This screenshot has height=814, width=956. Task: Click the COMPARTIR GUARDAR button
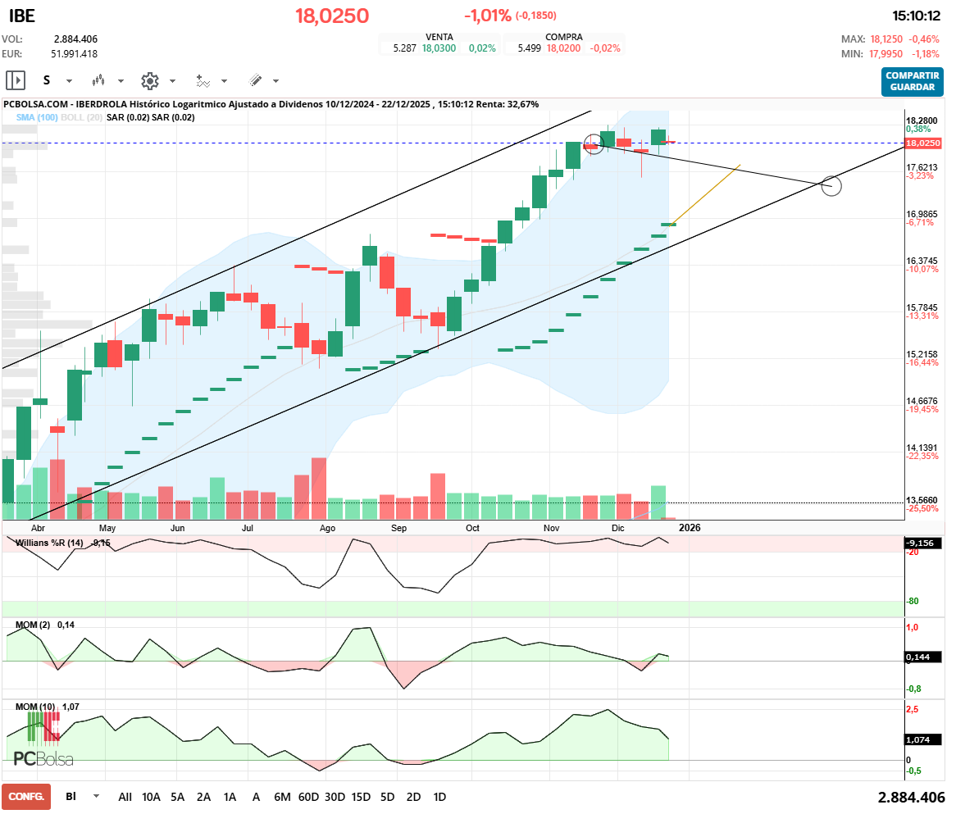[x=912, y=81]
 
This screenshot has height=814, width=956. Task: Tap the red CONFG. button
[x=26, y=796]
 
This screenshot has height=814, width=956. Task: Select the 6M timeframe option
[x=282, y=797]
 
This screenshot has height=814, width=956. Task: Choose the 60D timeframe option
[x=308, y=797]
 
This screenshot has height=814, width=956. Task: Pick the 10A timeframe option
[x=151, y=797]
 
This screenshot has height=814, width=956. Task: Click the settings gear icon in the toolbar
[x=149, y=81]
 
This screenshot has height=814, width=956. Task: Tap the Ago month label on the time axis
[x=327, y=529]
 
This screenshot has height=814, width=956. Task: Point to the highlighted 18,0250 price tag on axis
[x=923, y=143]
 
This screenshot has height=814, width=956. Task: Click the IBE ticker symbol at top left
[x=21, y=16]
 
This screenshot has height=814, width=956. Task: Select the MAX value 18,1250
[x=887, y=39]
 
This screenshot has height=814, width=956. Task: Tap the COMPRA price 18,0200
[x=563, y=48]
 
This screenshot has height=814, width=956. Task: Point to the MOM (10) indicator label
[x=36, y=706]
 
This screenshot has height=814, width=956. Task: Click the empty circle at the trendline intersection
[x=831, y=185]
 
